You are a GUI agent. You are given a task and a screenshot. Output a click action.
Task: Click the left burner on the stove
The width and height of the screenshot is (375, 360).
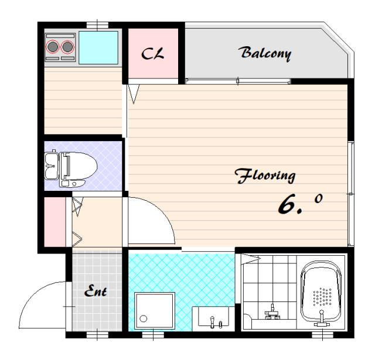[x=53, y=47]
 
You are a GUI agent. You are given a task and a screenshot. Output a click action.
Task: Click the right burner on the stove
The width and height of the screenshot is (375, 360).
[x=67, y=47]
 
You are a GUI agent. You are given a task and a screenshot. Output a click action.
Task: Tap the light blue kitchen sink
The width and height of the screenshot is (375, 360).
[x=98, y=47]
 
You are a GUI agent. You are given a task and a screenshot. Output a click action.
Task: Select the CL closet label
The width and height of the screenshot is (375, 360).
[x=152, y=53]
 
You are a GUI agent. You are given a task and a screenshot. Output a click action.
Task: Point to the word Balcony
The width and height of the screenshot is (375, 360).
[x=265, y=53]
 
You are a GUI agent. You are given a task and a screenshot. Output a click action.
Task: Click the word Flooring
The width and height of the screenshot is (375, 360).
[x=265, y=176]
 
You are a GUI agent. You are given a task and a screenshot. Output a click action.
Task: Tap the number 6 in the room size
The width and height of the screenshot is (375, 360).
[x=287, y=204]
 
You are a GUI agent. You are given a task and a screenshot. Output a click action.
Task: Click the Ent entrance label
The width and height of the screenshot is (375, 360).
[x=96, y=290]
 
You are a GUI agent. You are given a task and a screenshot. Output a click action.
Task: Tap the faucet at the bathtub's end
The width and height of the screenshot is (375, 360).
[x=322, y=318]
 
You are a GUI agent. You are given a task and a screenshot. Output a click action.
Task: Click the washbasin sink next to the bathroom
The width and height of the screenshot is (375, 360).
[x=213, y=317]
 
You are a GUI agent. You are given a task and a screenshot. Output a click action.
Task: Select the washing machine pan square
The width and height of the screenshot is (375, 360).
[x=155, y=311]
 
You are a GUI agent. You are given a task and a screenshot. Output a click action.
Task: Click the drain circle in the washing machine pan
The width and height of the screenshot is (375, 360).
[x=143, y=318]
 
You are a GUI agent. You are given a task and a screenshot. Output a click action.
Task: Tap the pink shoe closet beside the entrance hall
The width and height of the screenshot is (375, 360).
[x=54, y=222]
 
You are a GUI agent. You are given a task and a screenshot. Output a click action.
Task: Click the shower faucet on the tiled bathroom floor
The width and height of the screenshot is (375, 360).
[x=272, y=313]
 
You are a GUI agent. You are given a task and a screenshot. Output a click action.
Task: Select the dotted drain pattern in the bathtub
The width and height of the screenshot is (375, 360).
[x=322, y=296]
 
